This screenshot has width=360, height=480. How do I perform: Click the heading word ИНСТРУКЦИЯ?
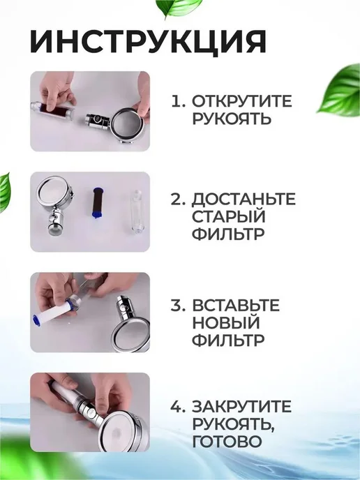pos(148,41)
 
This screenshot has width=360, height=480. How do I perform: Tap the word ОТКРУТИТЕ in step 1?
pos(242,101)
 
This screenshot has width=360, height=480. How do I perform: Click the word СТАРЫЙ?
pos(228,216)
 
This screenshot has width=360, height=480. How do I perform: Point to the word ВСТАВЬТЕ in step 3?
pos(236,305)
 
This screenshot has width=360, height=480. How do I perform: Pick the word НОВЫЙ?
pos(225,322)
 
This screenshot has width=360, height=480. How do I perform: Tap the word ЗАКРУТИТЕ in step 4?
pos(241,406)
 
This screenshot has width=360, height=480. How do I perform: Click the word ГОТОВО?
pos(227,442)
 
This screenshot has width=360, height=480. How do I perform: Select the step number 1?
pos(178,101)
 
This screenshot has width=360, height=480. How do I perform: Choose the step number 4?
pos(178,406)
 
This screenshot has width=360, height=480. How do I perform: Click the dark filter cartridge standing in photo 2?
pos(98,202)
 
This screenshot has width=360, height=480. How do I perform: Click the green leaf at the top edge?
pos(179,8)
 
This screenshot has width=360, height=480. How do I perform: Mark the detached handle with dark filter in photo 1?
pos(52,110)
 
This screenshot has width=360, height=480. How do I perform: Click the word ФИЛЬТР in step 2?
pos(228,234)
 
